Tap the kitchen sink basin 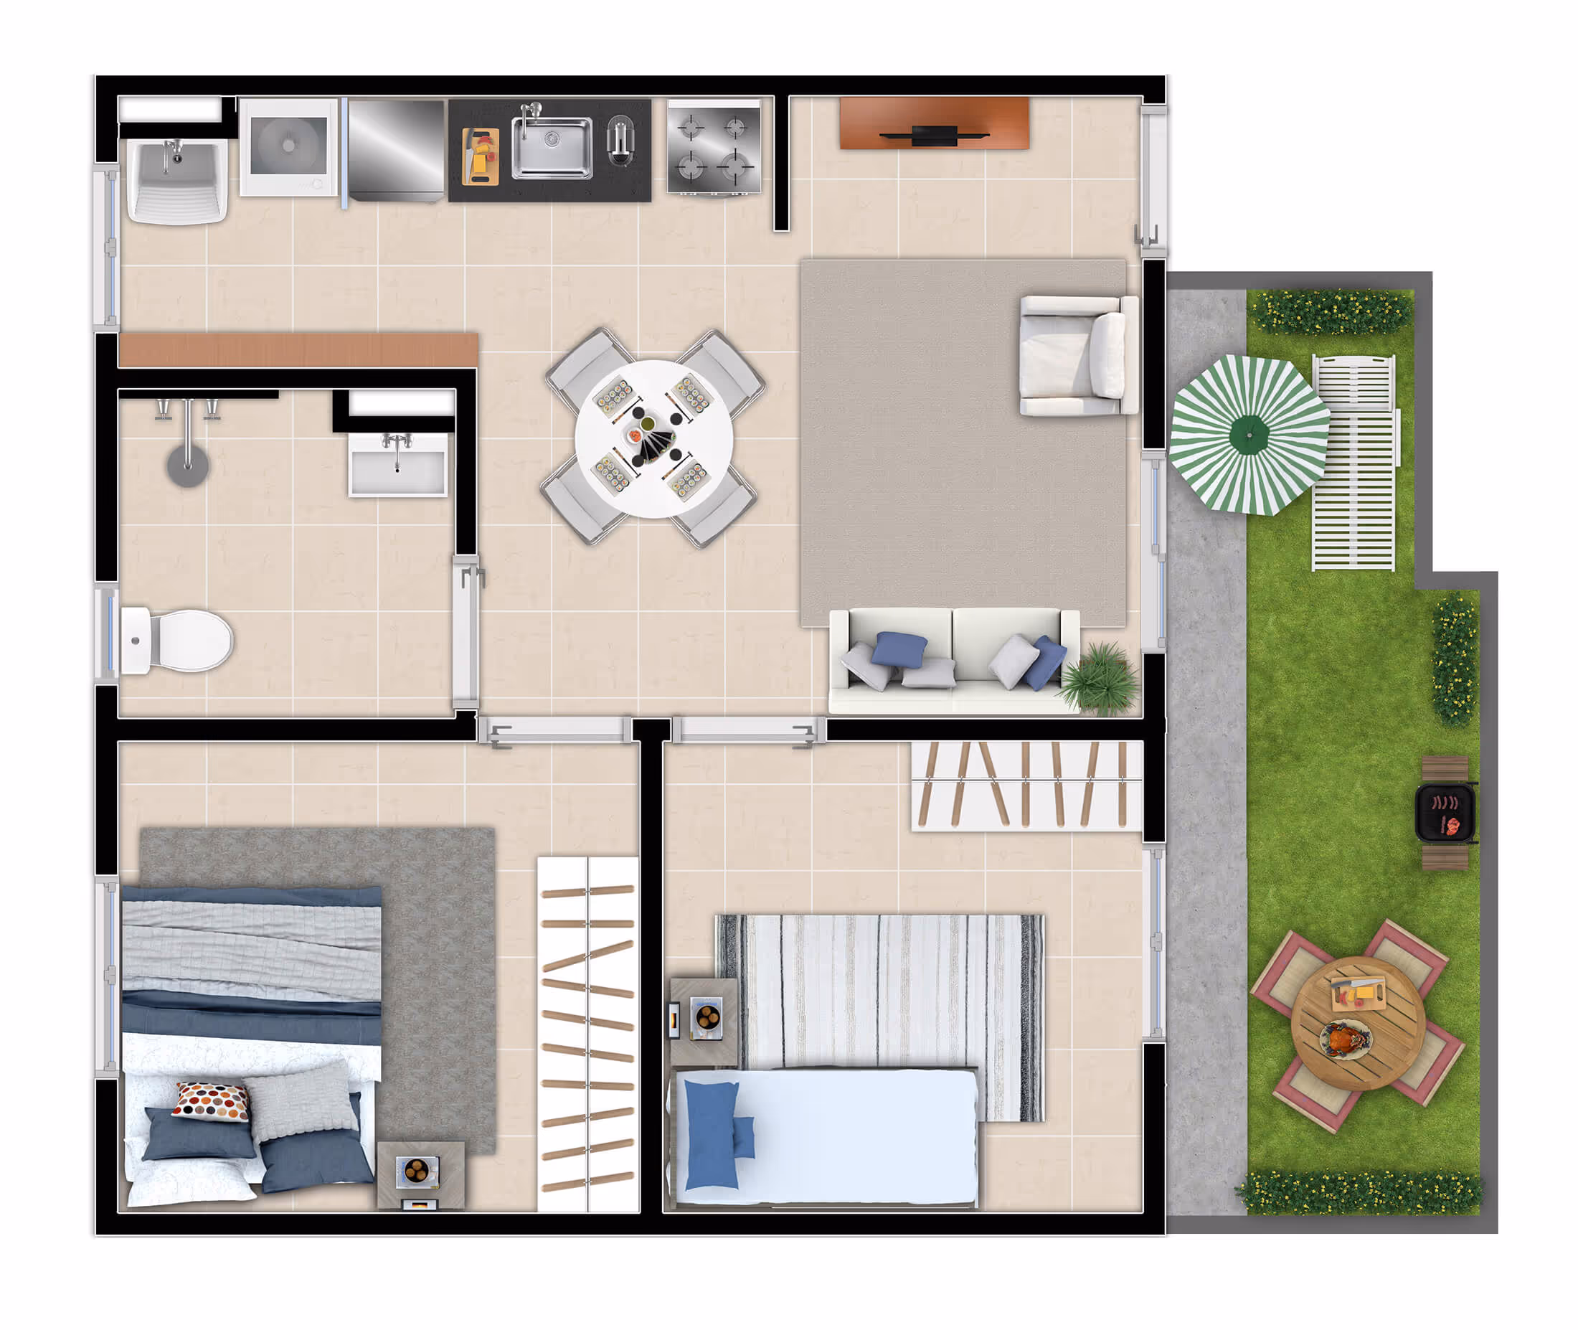click(551, 147)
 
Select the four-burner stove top click(713, 148)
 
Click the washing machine click(289, 147)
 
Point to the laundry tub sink click(177, 181)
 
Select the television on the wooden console click(933, 135)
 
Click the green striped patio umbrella click(1249, 435)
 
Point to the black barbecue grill click(1445, 813)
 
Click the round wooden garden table click(1358, 1024)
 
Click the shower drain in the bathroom click(188, 465)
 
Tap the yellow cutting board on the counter click(481, 157)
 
